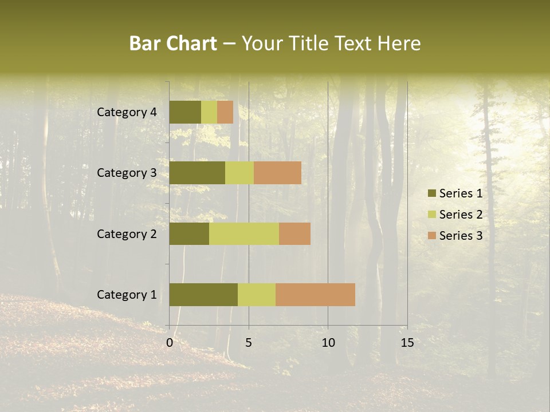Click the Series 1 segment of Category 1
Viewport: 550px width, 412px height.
(x=203, y=295)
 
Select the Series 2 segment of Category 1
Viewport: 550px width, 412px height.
(x=257, y=295)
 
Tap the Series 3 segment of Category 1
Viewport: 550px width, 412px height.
(x=315, y=295)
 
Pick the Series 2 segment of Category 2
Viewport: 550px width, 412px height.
(x=244, y=233)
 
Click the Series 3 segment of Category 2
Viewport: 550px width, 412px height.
(x=294, y=233)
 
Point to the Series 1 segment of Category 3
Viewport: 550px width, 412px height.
(x=197, y=173)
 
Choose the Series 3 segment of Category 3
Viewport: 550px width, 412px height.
(x=277, y=173)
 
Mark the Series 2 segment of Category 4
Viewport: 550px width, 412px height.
(x=209, y=112)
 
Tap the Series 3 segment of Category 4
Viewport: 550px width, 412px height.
(x=225, y=112)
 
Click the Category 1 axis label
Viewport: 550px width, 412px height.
(x=126, y=295)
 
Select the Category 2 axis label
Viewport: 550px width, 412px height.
(x=126, y=233)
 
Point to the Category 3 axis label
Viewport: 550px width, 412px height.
(x=126, y=173)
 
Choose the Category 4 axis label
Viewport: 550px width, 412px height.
(x=126, y=112)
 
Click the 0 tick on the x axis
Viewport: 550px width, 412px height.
(x=170, y=343)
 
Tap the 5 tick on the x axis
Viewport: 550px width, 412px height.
(x=249, y=343)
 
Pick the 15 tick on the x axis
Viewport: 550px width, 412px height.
(x=407, y=343)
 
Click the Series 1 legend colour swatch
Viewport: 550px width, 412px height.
(x=431, y=193)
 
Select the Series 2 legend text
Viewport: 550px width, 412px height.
(x=461, y=215)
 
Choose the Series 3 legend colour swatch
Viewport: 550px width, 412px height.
(x=431, y=236)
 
